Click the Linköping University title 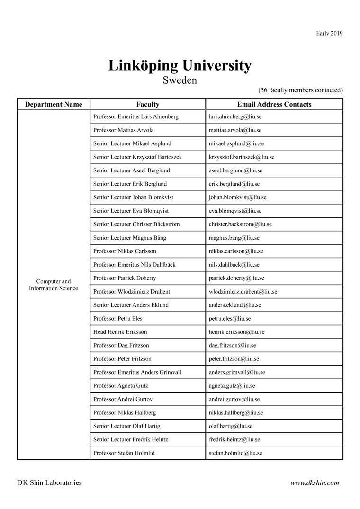180,65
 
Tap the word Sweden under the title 180,80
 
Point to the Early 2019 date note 329,33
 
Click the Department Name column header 54,105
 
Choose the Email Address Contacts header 274,105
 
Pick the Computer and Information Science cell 54,285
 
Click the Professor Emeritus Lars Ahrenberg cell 136,116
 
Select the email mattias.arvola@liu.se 235,130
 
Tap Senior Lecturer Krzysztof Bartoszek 137,157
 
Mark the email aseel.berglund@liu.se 235,170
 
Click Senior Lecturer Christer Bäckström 136,224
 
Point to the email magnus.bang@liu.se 234,238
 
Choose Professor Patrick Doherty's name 125,278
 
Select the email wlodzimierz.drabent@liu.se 243,292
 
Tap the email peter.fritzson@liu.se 234,359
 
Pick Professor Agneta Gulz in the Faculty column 121,386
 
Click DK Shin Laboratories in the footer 49,483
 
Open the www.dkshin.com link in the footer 315,483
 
